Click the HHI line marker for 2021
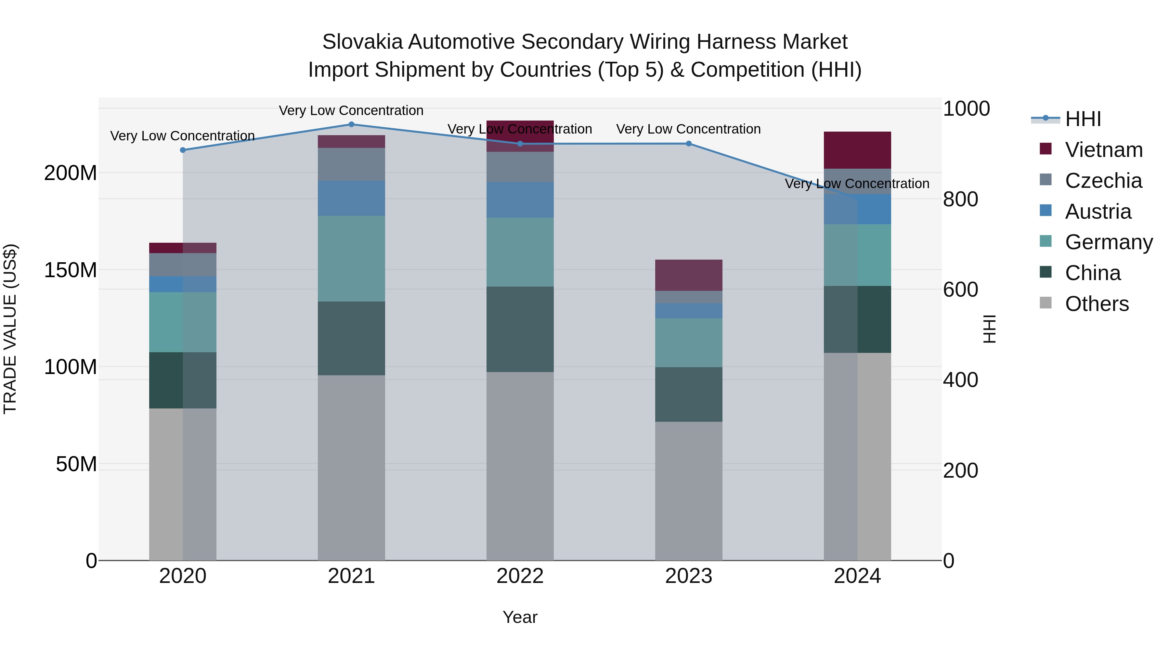pyautogui.click(x=351, y=124)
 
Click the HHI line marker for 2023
pyautogui.click(x=689, y=144)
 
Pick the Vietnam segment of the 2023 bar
pyautogui.click(x=689, y=275)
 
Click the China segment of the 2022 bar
pyautogui.click(x=520, y=329)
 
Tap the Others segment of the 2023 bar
pyautogui.click(x=689, y=490)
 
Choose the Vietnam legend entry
pyautogui.click(x=1104, y=150)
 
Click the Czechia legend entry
pyautogui.click(x=1103, y=181)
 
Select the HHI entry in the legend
pyautogui.click(x=1083, y=119)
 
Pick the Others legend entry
pyautogui.click(x=1097, y=304)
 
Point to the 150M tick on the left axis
pyautogui.click(x=71, y=270)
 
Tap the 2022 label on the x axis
pyautogui.click(x=520, y=576)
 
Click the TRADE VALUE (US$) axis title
pyautogui.click(x=10, y=329)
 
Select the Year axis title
pyautogui.click(x=520, y=617)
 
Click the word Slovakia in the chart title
pyautogui.click(x=362, y=42)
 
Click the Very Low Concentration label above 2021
pyautogui.click(x=351, y=110)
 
